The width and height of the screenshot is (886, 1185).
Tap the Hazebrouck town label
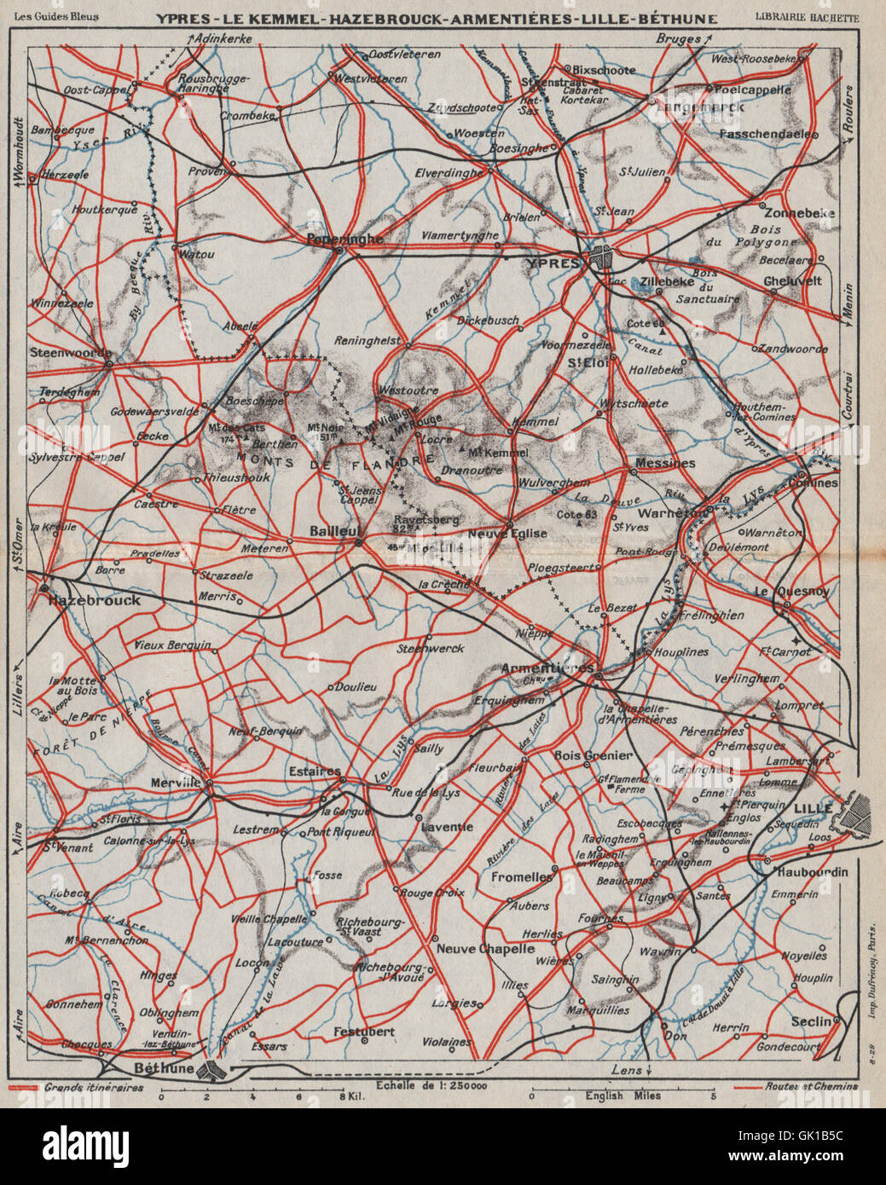tap(94, 600)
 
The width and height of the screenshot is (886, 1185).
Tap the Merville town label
tap(173, 782)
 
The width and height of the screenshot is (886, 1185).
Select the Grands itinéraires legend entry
tap(94, 1087)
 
